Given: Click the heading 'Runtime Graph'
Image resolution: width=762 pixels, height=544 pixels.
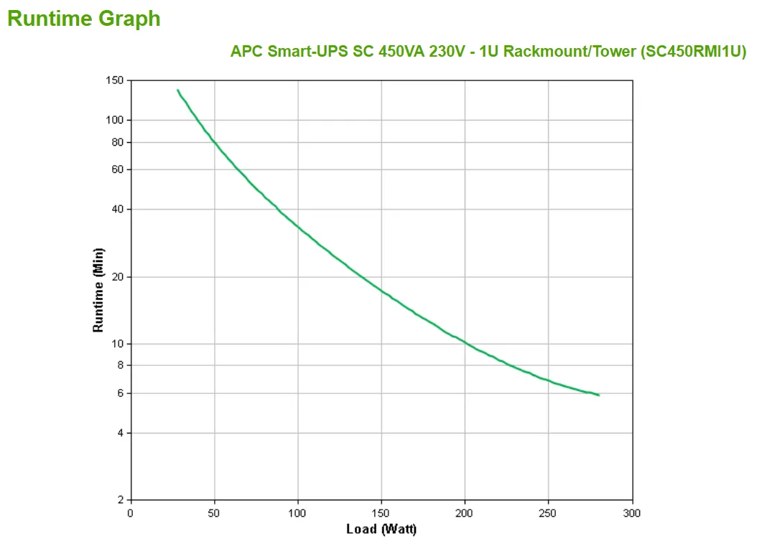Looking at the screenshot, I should coord(84,19).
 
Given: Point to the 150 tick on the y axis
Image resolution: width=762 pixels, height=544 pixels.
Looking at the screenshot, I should coord(115,80).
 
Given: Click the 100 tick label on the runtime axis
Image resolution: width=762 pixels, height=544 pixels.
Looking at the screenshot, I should coord(115,120).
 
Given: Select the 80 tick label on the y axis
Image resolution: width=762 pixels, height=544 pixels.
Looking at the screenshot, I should coord(118,142).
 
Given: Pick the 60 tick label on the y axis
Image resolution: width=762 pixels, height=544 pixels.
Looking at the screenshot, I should coord(118,169).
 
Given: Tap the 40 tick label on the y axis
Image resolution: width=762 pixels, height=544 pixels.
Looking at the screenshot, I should coord(118,209).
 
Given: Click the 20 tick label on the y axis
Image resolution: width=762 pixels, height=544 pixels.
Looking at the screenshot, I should coord(118,276).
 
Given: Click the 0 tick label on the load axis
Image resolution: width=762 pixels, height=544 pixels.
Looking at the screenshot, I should coord(131,513).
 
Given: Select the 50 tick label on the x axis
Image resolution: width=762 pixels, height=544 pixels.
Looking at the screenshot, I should coord(214,513).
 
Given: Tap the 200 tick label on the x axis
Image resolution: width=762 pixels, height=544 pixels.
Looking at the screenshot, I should coord(465,513).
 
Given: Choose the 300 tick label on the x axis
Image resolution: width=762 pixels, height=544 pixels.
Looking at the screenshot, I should coord(632,513).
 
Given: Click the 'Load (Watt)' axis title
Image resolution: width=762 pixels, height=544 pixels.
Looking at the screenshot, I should coord(381,530).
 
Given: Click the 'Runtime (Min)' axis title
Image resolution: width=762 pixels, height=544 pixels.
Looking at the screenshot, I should coord(98,290).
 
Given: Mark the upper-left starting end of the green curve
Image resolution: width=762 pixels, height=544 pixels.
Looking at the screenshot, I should coord(177,90).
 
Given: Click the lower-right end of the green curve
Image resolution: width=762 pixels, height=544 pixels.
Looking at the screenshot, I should coord(598,395).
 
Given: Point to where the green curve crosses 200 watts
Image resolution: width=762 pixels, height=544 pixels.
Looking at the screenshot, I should coord(465,343).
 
